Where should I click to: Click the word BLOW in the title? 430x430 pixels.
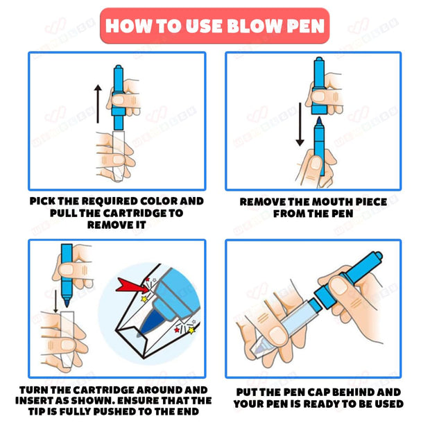(x=255, y=26)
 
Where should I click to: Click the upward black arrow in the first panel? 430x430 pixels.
(x=98, y=103)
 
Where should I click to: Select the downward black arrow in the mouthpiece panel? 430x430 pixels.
(x=300, y=124)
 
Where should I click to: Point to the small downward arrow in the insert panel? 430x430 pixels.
(x=55, y=301)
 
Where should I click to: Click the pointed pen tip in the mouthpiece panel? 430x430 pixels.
(x=319, y=121)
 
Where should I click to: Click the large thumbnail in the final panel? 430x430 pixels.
(x=339, y=286)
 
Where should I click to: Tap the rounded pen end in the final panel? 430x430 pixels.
(x=379, y=256)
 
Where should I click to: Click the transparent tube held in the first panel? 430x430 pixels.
(x=119, y=156)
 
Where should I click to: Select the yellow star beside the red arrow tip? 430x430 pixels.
(x=144, y=299)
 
